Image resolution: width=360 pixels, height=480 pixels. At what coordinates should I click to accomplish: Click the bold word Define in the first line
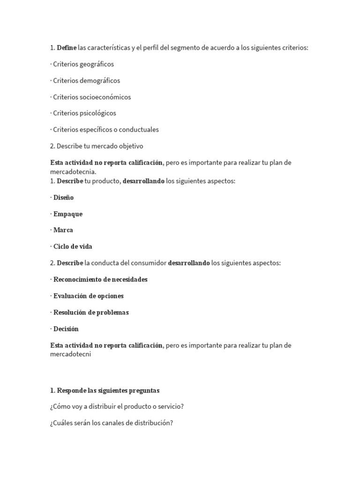click(x=67, y=48)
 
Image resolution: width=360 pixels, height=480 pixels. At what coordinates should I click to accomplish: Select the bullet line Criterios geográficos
click(x=83, y=64)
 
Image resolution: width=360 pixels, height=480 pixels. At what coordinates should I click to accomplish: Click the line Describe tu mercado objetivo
click(x=97, y=146)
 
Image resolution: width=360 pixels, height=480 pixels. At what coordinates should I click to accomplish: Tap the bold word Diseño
click(x=63, y=197)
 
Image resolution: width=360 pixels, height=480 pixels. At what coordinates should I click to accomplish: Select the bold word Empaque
click(x=67, y=214)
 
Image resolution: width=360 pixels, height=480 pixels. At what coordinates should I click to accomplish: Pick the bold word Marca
click(x=63, y=230)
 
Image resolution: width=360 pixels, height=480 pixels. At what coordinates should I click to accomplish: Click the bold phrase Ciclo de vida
click(x=73, y=247)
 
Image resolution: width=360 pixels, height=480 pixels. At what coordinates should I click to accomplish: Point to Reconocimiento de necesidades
click(x=100, y=279)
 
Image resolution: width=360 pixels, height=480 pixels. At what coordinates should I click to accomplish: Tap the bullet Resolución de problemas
click(x=91, y=312)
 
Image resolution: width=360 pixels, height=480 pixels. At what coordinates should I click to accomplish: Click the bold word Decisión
click(x=66, y=329)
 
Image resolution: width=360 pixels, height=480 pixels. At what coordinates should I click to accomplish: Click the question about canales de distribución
click(x=112, y=423)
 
